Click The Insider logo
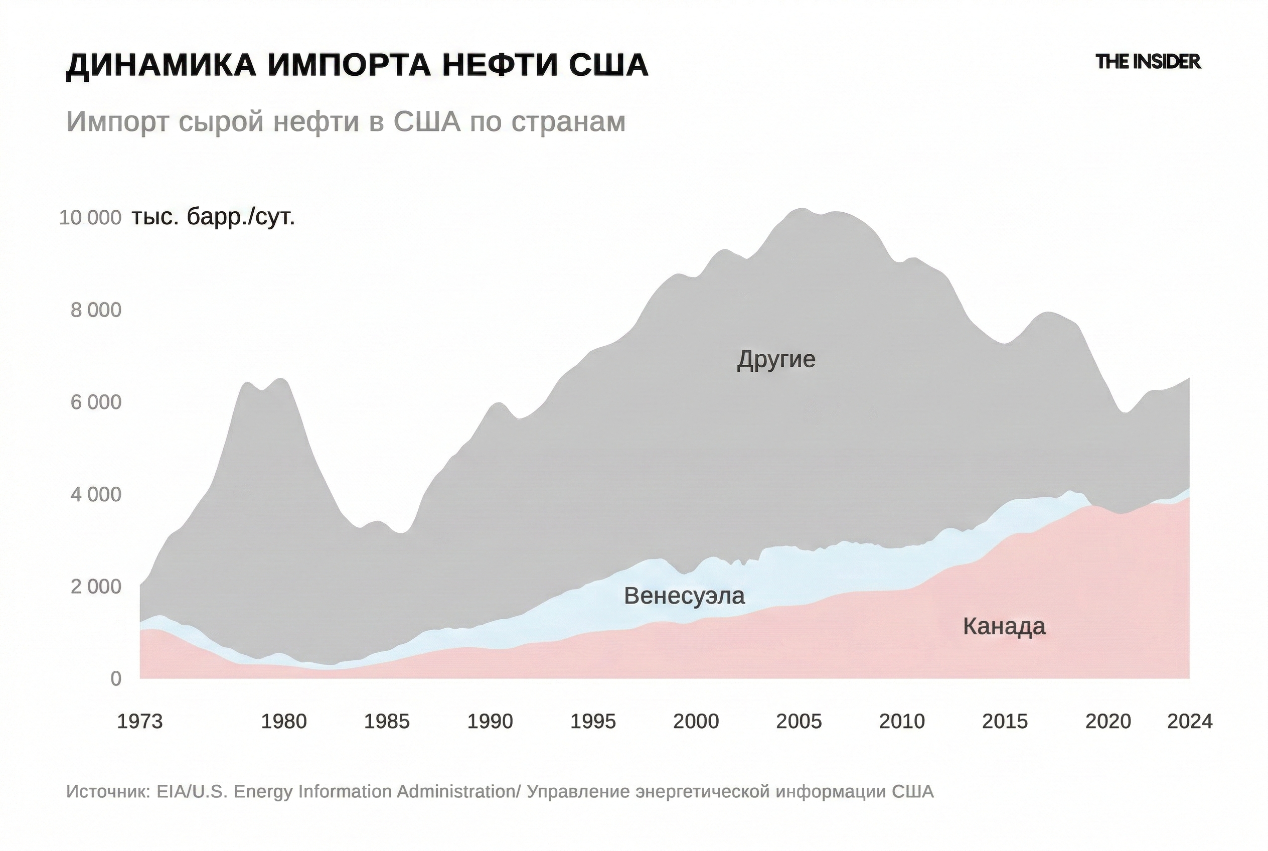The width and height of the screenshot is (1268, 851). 1148,62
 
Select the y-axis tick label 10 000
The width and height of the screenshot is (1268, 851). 90,218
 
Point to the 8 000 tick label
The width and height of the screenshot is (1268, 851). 96,310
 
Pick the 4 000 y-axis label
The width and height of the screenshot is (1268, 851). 96,494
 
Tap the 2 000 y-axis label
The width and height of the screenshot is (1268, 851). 96,587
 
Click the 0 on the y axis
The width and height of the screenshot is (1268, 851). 115,678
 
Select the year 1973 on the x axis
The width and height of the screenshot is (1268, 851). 140,721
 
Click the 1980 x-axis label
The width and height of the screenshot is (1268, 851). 284,721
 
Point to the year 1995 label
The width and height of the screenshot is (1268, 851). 593,721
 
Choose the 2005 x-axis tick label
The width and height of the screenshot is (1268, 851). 799,721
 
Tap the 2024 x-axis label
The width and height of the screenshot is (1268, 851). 1189,721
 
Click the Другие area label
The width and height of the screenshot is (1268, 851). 776,360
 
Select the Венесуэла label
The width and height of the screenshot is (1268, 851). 684,596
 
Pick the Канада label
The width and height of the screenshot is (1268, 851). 1004,626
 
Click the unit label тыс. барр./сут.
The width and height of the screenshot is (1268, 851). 213,218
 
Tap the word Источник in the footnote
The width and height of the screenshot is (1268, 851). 108,792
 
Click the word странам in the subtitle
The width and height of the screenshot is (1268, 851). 568,121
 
